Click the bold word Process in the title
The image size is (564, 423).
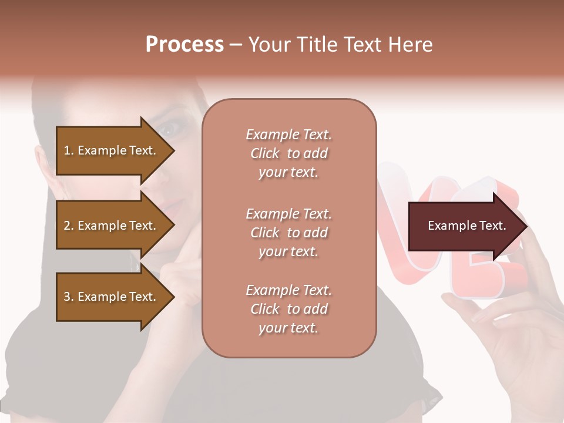(184, 44)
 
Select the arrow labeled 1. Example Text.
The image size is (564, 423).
(112, 150)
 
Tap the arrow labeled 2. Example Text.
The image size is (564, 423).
(112, 226)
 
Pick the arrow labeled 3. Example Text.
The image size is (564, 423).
(112, 297)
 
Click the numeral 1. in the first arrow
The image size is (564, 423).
(69, 150)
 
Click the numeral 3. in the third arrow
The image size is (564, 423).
(69, 297)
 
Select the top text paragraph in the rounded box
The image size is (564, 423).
(288, 153)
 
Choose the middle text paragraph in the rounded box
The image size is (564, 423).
(288, 233)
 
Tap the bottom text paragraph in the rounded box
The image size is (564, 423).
(288, 309)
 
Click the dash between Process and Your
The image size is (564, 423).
(236, 45)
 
